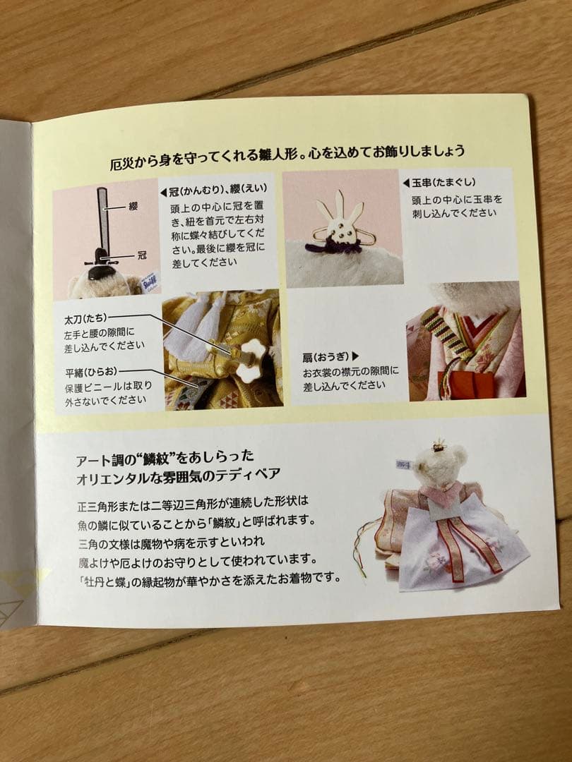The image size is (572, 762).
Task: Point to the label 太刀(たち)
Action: pos(87,319)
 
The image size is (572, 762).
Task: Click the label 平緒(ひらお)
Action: pos(91,370)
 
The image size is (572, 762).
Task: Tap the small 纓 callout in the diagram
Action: pos(133,207)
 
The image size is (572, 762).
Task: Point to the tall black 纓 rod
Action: pos(103,219)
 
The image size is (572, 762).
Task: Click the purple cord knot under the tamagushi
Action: pos(333,246)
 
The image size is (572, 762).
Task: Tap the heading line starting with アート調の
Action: pos(166,456)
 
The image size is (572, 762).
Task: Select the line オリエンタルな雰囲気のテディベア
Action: pos(179,474)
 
